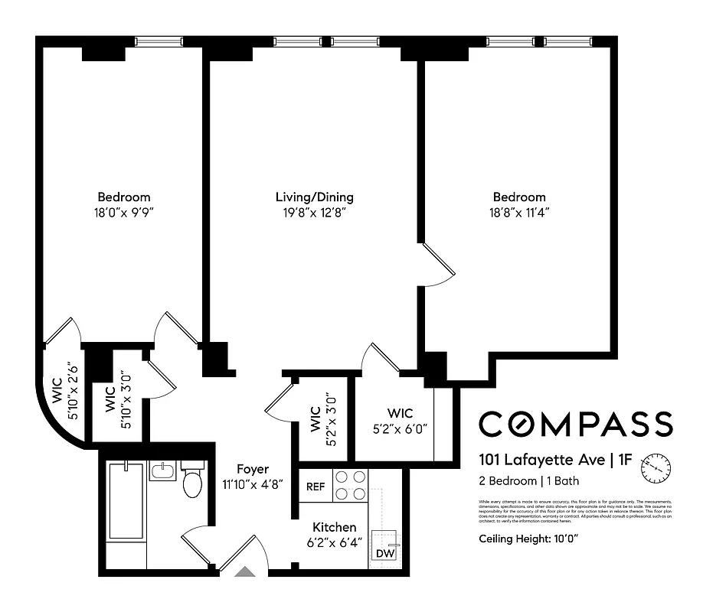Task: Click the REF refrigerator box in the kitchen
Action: (315, 486)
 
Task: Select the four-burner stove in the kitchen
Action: (350, 485)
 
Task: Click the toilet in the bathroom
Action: (192, 481)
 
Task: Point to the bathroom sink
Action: (162, 470)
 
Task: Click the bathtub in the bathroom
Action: (123, 501)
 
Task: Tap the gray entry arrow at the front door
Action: (245, 570)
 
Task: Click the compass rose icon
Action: (657, 464)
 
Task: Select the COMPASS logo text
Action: (575, 423)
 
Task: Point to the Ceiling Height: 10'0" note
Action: (528, 539)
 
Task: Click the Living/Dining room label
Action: (314, 197)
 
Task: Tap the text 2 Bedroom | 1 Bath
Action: (529, 481)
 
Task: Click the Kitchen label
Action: (334, 527)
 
